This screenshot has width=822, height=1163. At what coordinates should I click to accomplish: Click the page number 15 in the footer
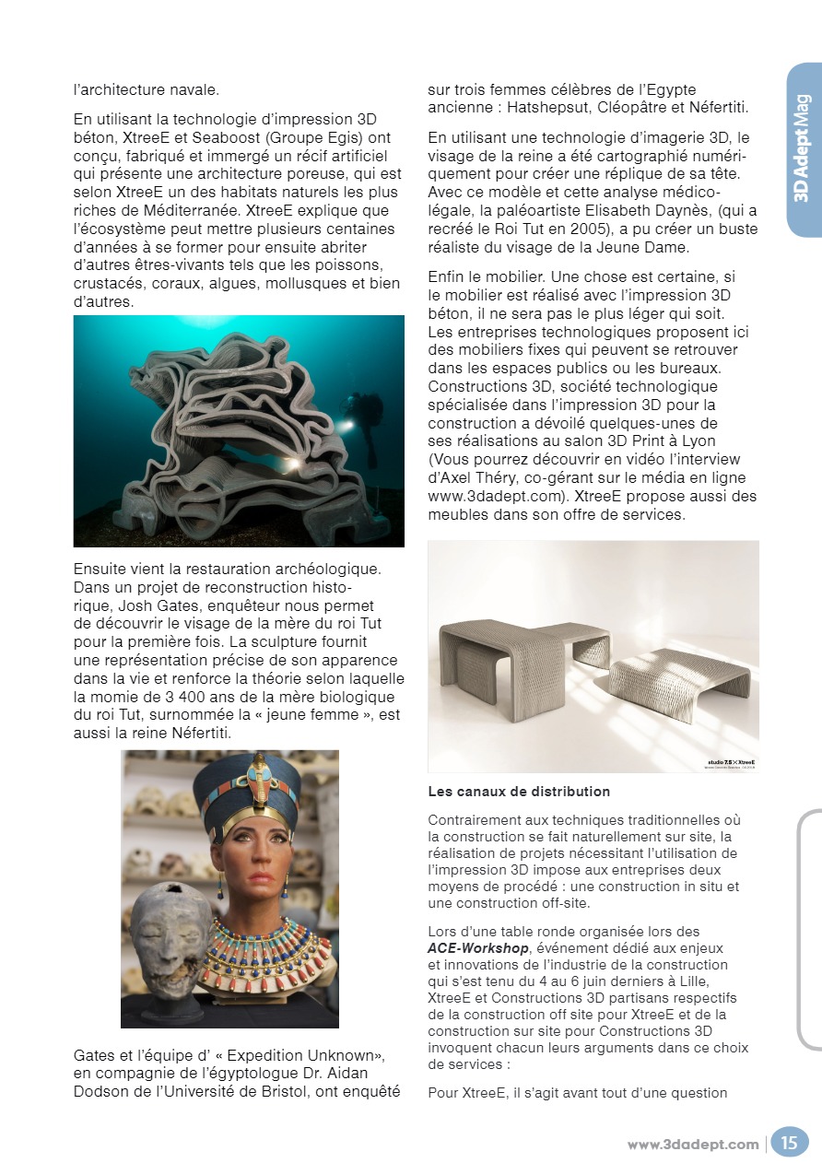(x=790, y=1144)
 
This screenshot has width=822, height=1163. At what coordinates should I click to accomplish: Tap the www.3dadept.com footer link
(x=693, y=1145)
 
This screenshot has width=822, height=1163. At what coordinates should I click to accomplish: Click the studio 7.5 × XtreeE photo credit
(x=731, y=763)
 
